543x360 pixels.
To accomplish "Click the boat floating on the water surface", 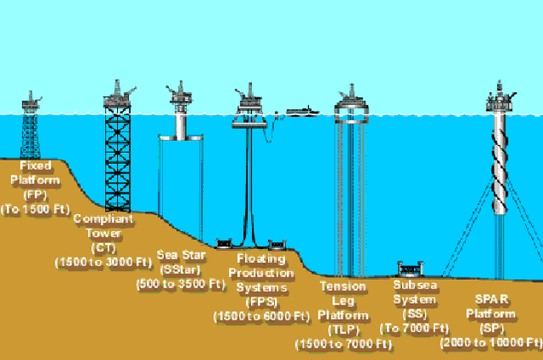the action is click(x=302, y=112).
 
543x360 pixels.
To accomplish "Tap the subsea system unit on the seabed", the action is click(x=411, y=270).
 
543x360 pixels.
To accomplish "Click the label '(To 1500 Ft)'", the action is click(x=35, y=209).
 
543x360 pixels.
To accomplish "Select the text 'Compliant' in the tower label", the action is click(x=103, y=218).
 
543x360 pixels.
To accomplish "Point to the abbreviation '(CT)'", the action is click(x=103, y=248).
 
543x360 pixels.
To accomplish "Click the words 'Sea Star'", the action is click(x=181, y=255).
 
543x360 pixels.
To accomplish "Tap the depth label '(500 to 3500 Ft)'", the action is click(x=181, y=284).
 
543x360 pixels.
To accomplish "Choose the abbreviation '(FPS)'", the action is click(x=261, y=302).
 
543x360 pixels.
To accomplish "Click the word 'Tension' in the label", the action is click(x=343, y=287).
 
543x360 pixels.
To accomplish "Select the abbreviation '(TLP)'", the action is click(x=343, y=329).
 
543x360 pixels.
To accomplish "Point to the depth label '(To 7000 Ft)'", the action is click(x=414, y=328).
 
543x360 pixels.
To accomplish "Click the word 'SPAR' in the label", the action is click(x=492, y=299).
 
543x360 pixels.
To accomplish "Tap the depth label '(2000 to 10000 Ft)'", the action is click(x=491, y=343).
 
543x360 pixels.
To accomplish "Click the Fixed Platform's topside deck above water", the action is click(x=32, y=103).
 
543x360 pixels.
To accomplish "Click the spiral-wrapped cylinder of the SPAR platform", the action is click(x=499, y=162).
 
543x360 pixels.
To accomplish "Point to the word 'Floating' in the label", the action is click(x=261, y=258).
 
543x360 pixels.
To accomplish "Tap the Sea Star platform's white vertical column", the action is click(x=181, y=124).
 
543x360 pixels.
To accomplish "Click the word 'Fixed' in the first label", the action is click(x=35, y=165).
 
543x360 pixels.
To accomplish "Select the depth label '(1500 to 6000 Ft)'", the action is click(x=261, y=316).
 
